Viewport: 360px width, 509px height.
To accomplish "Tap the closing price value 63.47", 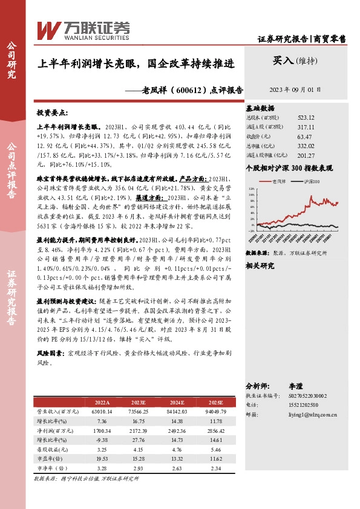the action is (x=306, y=137).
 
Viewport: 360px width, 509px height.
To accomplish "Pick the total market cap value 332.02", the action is (x=306, y=146).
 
